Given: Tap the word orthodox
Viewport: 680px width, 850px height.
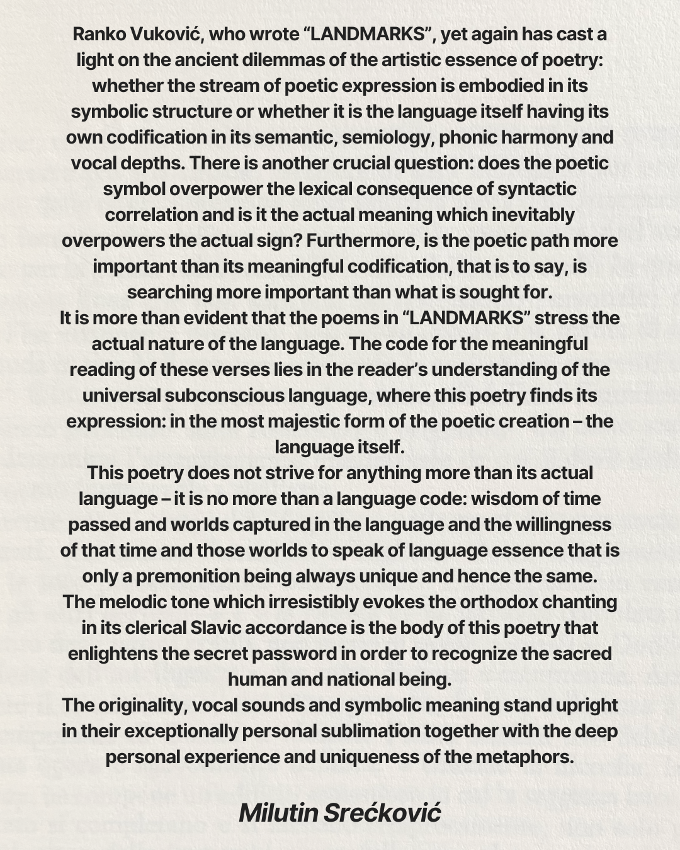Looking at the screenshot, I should pyautogui.click(x=499, y=602).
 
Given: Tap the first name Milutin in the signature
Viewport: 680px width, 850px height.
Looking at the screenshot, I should pyautogui.click(x=278, y=813).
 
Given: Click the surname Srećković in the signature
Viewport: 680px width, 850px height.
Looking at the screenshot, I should pyautogui.click(x=383, y=813).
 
